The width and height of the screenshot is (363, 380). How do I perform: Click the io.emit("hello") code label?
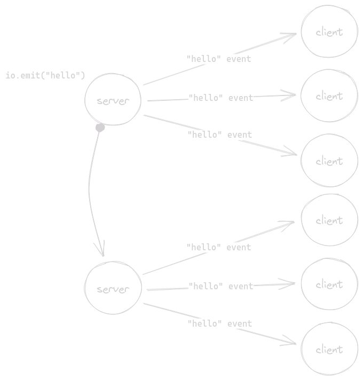pyautogui.click(x=45, y=75)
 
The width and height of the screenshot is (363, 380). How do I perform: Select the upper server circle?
pyautogui.click(x=113, y=100)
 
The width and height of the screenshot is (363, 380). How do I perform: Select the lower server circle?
pyautogui.click(x=113, y=289)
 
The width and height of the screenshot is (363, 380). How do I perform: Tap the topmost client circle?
pyautogui.click(x=329, y=32)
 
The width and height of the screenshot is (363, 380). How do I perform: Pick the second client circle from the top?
pyautogui.click(x=329, y=96)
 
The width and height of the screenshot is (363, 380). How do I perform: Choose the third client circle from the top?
pyautogui.click(x=329, y=161)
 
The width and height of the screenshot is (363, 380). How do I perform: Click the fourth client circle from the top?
pyautogui.click(x=329, y=220)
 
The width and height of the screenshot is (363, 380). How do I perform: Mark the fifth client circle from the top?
pyautogui.click(x=329, y=284)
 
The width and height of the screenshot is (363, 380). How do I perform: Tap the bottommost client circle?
pyautogui.click(x=329, y=350)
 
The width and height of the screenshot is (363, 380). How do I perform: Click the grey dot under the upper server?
pyautogui.click(x=100, y=128)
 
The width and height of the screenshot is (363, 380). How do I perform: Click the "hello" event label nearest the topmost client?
pyautogui.click(x=219, y=59)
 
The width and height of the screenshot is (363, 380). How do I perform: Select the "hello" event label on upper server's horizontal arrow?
pyautogui.click(x=220, y=98)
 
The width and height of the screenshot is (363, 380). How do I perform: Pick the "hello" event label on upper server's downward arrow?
pyautogui.click(x=220, y=134)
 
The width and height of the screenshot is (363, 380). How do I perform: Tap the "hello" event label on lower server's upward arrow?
pyautogui.click(x=219, y=247)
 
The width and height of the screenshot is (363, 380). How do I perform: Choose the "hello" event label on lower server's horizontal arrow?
pyautogui.click(x=220, y=286)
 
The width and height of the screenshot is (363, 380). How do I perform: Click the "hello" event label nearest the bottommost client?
pyautogui.click(x=220, y=323)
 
